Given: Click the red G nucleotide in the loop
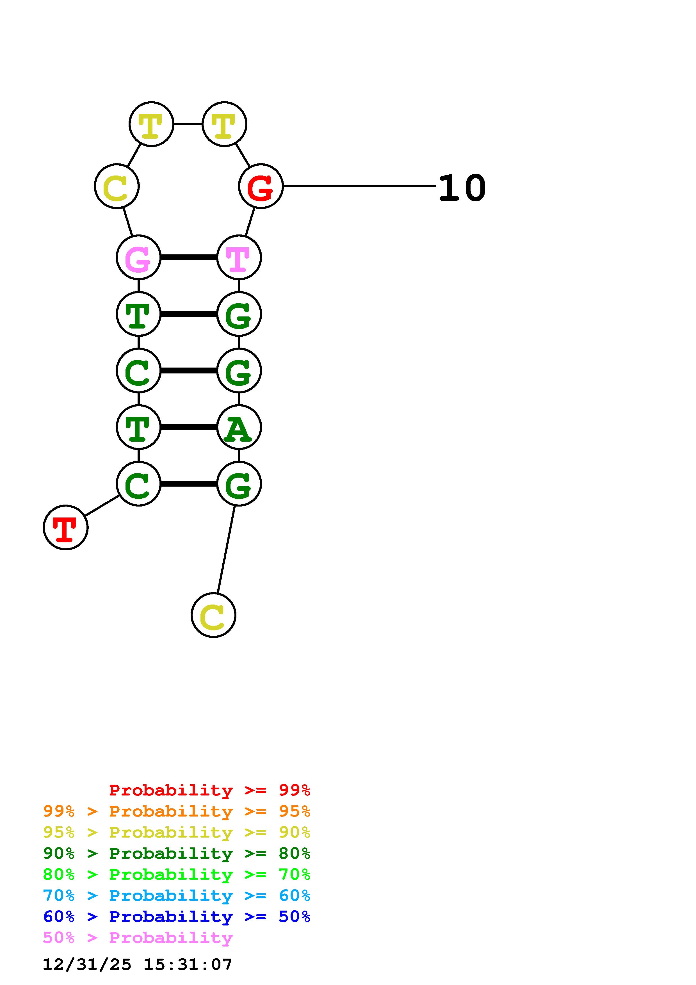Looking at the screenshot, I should tap(261, 187).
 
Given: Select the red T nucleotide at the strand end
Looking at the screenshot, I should tap(66, 527).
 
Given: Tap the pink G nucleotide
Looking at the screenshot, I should tap(138, 257).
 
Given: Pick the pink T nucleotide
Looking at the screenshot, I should tap(239, 257).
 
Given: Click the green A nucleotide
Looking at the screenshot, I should tap(239, 427).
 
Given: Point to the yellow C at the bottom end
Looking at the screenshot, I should tap(213, 615).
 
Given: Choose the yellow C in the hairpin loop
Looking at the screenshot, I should tap(117, 187).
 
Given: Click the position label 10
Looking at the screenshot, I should tap(462, 188).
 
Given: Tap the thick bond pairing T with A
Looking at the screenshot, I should tap(189, 427).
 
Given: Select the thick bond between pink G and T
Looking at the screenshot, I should tap(189, 257).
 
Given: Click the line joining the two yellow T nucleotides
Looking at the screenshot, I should tap(188, 124).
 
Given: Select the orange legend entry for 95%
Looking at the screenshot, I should tap(177, 811).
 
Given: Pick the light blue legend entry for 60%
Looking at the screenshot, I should tap(177, 895).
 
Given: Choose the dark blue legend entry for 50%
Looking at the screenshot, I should tap(177, 916).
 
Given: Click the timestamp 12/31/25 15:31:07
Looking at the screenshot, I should tap(137, 965).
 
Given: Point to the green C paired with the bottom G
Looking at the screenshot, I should tap(138, 484).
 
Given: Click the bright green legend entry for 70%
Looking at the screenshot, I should tap(177, 874).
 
